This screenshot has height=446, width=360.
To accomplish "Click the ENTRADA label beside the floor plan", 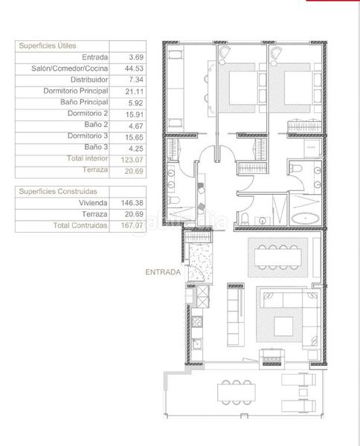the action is click(163, 272).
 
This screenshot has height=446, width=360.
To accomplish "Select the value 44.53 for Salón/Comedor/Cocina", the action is click(134, 68).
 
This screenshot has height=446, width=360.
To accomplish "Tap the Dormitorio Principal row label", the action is click(76, 91).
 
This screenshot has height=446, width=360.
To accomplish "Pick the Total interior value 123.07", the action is click(132, 160).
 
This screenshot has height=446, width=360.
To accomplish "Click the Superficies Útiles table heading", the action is click(48, 46).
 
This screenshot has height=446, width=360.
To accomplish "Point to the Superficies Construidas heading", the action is click(58, 192).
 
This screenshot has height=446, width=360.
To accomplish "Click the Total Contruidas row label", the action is click(80, 225).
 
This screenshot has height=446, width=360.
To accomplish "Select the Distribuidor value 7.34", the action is click(136, 80).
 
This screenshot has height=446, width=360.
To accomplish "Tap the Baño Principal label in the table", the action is click(84, 102).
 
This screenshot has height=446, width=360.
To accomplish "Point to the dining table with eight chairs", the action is click(277, 257).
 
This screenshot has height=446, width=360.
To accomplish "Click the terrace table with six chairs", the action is click(237, 392).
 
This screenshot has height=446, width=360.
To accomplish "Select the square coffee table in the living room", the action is click(283, 326).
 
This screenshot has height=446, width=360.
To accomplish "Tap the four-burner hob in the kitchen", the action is click(197, 322).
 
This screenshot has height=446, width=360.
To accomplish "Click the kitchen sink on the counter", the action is click(196, 344).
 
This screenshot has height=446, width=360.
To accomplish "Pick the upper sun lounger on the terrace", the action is click(298, 379).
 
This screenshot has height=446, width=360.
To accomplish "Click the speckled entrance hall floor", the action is click(201, 262).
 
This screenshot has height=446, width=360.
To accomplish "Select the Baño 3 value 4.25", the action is click(136, 149).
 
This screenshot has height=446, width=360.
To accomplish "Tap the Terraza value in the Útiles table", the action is click(134, 171).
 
